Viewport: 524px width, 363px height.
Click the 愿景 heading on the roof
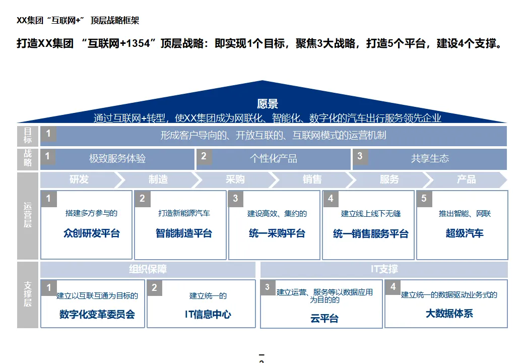[x=268, y=104]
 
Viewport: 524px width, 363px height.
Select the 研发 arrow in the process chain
[x=79, y=179]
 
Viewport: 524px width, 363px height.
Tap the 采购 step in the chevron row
[x=235, y=179]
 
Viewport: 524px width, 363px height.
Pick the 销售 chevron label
[x=312, y=179]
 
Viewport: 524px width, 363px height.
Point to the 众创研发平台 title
[x=92, y=233]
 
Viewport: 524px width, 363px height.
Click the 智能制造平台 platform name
[x=184, y=233]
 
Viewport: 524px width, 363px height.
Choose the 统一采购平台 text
[x=277, y=233]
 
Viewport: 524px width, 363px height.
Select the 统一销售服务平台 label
[x=371, y=234]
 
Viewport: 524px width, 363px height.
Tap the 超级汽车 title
[x=465, y=233]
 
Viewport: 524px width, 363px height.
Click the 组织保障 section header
[x=148, y=270]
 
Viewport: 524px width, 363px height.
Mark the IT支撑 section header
[x=384, y=270]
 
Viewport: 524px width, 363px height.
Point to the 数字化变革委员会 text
[x=97, y=314]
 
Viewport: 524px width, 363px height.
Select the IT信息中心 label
[x=208, y=314]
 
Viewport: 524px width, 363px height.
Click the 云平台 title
[x=324, y=318]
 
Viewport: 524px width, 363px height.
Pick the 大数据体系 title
[x=449, y=313]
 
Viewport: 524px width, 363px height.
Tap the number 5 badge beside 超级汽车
[x=424, y=199]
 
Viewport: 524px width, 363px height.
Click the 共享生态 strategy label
[x=430, y=158]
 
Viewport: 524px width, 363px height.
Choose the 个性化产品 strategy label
[x=274, y=158]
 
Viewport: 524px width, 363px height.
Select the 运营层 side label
[x=28, y=215]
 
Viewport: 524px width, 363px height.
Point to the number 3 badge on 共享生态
[x=360, y=156]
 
